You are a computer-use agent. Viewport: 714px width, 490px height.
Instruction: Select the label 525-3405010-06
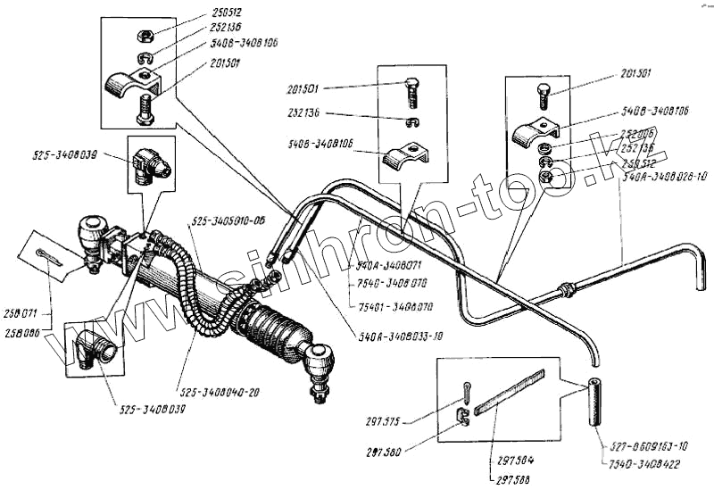(x=229, y=221)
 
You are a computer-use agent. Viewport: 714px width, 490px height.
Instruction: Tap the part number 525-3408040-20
(x=216, y=392)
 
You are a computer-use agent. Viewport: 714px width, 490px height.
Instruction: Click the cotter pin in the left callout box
(x=52, y=256)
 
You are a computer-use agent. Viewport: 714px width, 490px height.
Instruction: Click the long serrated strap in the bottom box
(x=510, y=393)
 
